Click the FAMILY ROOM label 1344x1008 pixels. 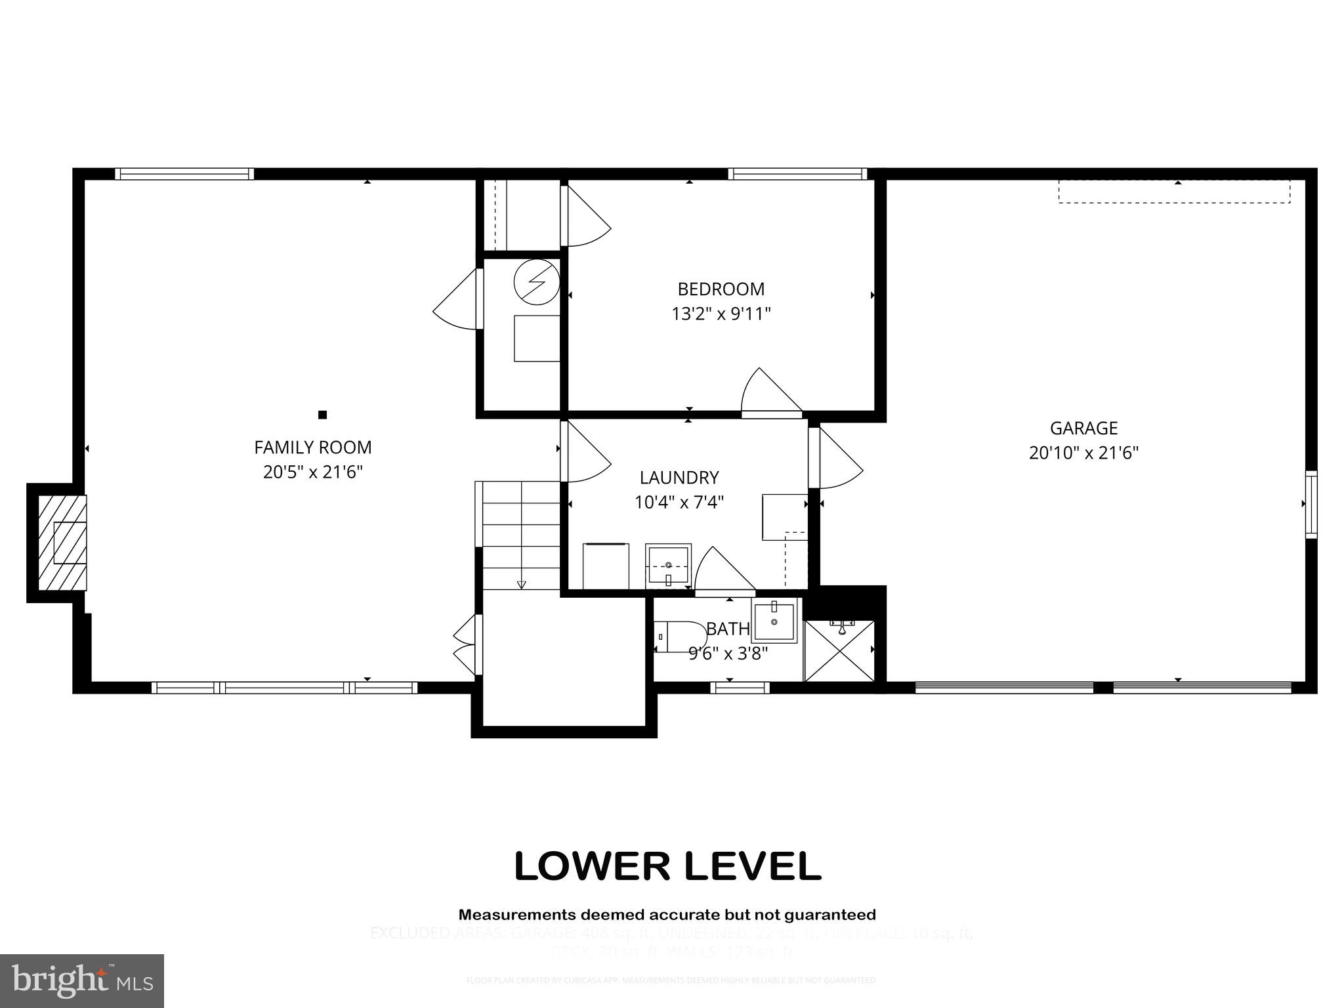pyautogui.click(x=312, y=448)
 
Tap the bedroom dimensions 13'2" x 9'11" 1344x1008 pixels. pyautogui.click(x=721, y=314)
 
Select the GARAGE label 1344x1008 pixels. pyautogui.click(x=1083, y=429)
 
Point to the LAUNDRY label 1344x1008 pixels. pyautogui.click(x=679, y=478)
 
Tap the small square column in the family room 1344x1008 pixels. pyautogui.click(x=322, y=415)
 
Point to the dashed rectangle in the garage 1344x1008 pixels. pyautogui.click(x=1174, y=192)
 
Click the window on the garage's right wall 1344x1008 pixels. pyautogui.click(x=1311, y=504)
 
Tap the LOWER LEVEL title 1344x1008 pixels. pyautogui.click(x=667, y=866)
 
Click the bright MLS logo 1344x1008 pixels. pyautogui.click(x=82, y=980)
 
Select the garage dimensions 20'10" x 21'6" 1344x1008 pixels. pyautogui.click(x=1083, y=453)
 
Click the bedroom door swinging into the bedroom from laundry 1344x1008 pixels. pyautogui.click(x=769, y=394)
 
